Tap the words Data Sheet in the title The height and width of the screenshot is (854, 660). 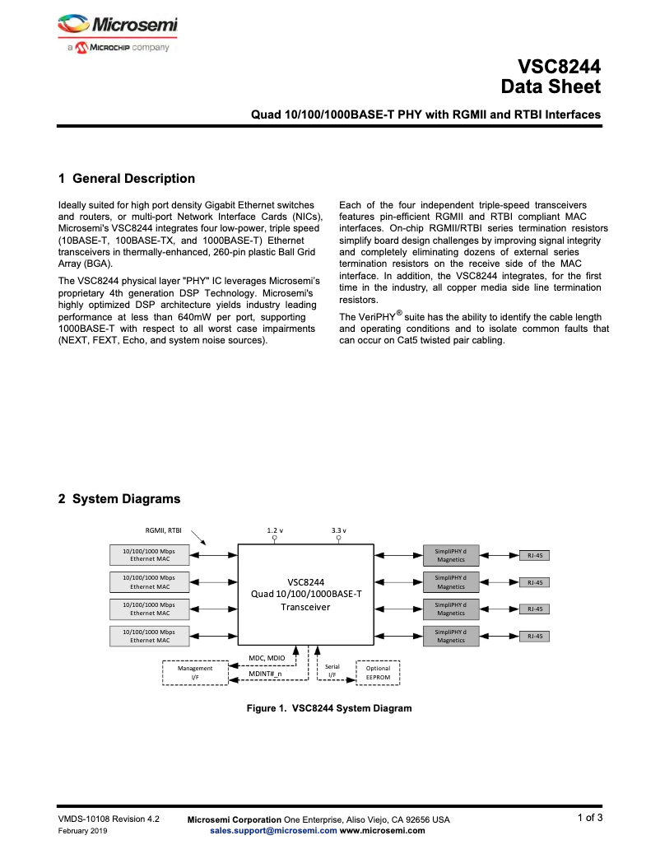[x=551, y=86]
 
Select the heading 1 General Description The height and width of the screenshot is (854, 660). [x=127, y=179]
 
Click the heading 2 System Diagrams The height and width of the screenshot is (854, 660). [x=119, y=498]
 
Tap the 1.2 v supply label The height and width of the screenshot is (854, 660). [x=275, y=530]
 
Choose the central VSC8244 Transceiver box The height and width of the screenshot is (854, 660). [x=305, y=594]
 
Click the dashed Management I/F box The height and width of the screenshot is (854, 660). [x=195, y=672]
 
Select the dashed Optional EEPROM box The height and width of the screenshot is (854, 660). [x=378, y=672]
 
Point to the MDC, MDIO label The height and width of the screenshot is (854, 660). [x=267, y=658]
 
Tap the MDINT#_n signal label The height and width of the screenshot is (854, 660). [x=265, y=674]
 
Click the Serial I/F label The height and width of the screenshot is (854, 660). [x=332, y=671]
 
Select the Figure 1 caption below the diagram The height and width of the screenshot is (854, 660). [x=329, y=708]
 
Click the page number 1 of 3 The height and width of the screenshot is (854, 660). [x=589, y=818]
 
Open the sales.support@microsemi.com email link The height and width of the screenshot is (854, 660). [x=273, y=831]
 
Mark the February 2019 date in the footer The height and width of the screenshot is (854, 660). [x=82, y=831]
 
